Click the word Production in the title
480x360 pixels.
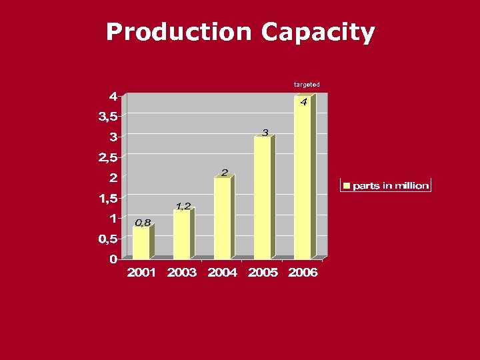click(179, 32)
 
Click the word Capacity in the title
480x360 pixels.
click(318, 32)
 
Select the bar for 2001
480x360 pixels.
click(141, 243)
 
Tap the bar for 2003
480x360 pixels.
click(181, 235)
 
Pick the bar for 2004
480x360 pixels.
click(222, 218)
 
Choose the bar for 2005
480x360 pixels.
click(263, 198)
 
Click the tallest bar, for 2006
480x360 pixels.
click(303, 177)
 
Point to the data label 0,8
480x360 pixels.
click(143, 223)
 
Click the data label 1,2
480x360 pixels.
click(183, 206)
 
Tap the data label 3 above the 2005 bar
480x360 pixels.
click(265, 133)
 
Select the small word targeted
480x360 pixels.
click(307, 85)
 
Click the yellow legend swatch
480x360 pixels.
click(347, 185)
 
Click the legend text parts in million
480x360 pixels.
click(391, 185)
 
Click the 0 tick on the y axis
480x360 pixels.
click(113, 259)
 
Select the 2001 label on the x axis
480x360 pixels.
click(141, 273)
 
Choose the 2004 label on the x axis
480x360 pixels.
click(222, 273)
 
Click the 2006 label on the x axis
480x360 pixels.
click(303, 273)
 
